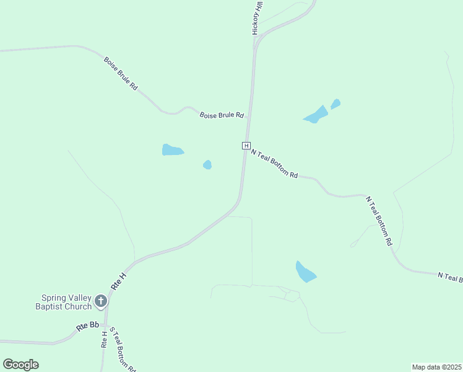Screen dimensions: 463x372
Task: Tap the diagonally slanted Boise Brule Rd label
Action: [x=121, y=74]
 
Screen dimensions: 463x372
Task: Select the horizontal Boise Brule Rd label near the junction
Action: [x=222, y=115]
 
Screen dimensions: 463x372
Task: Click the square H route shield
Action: [x=246, y=146]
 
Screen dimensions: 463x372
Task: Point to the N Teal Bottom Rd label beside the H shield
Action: [x=275, y=164]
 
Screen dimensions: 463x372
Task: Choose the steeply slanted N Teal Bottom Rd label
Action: [x=379, y=221]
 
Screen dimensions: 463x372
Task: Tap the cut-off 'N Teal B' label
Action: [x=449, y=277]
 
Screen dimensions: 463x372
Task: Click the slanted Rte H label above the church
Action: [x=118, y=280]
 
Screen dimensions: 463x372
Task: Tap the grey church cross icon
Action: [x=101, y=302]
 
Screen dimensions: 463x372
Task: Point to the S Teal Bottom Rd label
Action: [x=122, y=349]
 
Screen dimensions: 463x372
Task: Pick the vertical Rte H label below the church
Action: [x=104, y=339]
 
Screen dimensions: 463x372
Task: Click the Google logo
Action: [x=20, y=364]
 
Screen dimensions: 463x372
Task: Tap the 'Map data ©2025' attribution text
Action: [x=436, y=366]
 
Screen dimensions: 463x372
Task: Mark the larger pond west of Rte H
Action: [x=172, y=150]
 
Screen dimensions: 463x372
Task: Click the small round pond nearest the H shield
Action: [x=207, y=164]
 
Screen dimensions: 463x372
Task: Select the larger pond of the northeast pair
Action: [x=316, y=115]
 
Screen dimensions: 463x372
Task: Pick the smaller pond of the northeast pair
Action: [x=335, y=104]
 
